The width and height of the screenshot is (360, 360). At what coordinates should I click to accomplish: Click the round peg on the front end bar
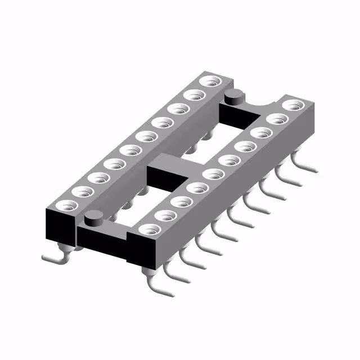93,216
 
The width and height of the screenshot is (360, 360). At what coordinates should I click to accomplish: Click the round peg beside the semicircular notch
233,97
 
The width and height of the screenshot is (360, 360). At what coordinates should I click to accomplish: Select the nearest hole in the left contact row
67,203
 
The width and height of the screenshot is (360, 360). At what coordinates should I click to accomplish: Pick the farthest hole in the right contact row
292,105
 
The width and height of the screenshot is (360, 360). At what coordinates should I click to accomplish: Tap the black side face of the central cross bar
163,179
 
